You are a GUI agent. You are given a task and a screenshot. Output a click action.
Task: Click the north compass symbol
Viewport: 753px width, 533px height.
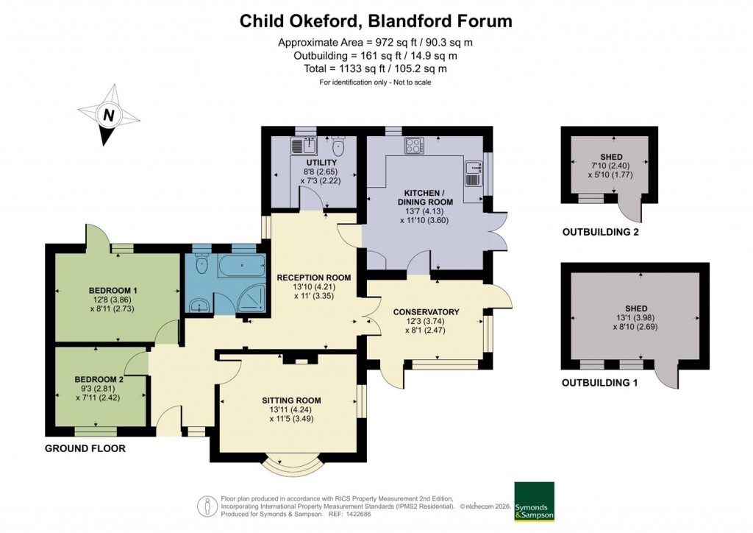109,115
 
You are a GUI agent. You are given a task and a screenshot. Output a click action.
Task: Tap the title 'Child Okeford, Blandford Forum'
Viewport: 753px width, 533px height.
376,21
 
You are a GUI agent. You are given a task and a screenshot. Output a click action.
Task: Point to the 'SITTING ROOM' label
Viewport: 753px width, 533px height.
291,400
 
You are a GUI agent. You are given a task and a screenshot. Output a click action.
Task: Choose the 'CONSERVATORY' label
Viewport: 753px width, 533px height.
427,311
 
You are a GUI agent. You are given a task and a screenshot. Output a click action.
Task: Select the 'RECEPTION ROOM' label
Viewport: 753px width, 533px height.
313,278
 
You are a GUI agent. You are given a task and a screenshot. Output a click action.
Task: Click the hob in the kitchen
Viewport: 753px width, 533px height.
414,146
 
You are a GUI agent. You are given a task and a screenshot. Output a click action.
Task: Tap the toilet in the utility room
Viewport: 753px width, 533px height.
338,143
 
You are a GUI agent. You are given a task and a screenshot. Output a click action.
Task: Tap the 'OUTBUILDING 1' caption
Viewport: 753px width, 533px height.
600,383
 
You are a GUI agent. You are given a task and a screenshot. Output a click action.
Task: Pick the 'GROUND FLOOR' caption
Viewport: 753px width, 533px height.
85,448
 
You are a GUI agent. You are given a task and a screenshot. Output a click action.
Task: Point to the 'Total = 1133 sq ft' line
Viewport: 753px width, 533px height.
376,68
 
